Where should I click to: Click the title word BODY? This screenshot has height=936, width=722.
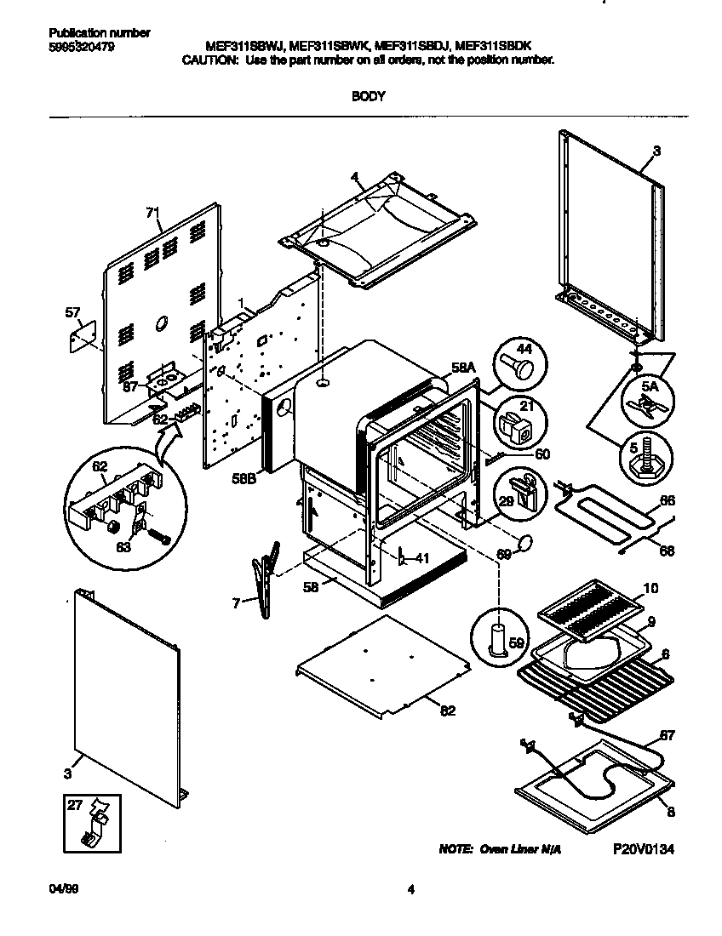point(369,96)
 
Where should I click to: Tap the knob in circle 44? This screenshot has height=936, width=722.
point(518,367)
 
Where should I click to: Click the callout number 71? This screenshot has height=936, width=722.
point(152,212)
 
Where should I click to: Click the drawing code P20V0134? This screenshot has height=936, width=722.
point(643,849)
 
